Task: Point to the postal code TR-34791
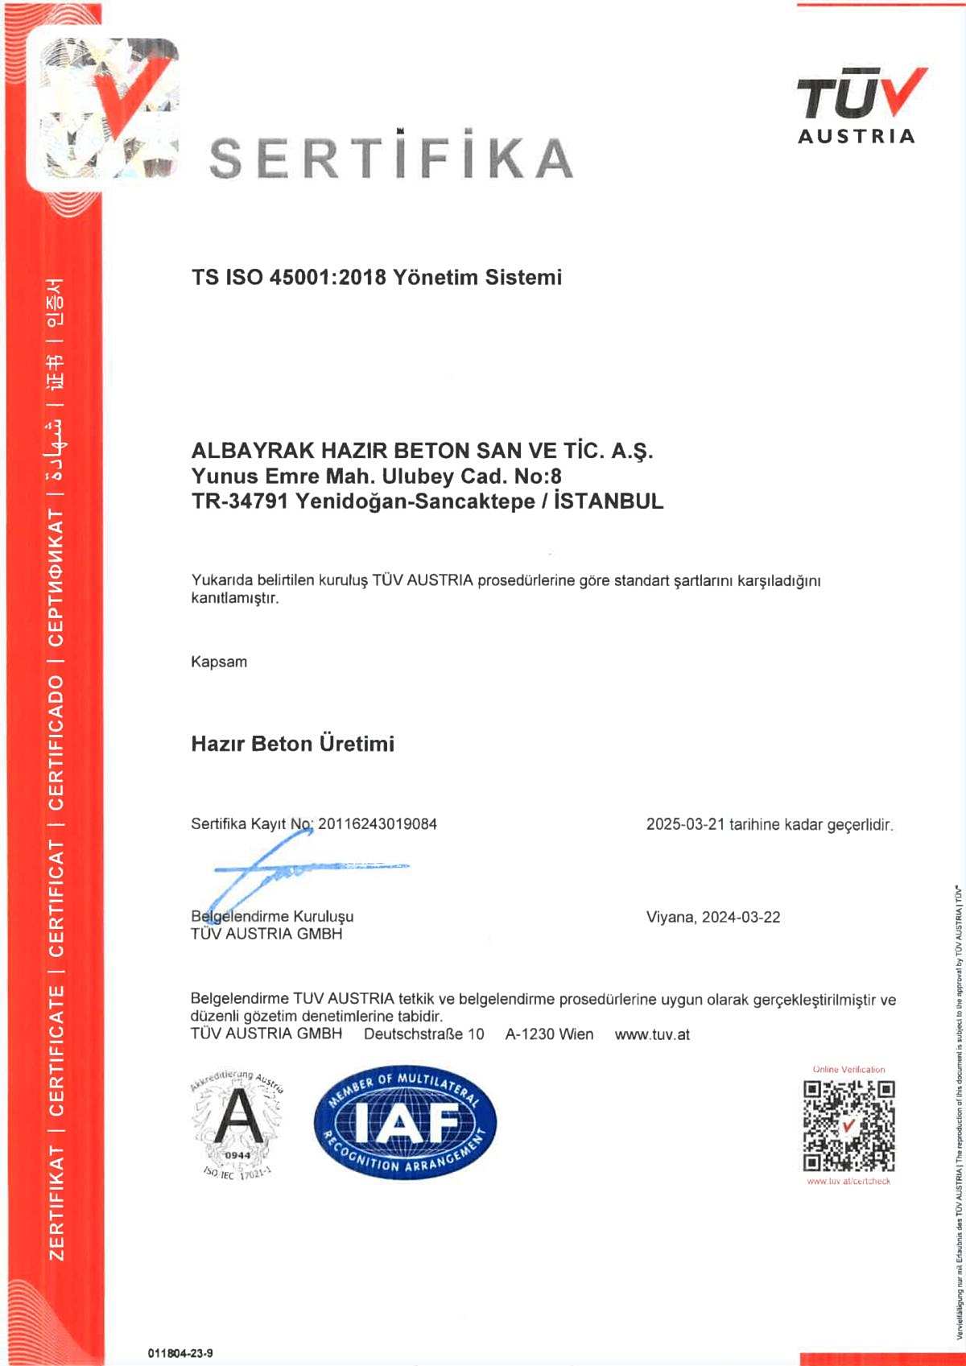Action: pyautogui.click(x=240, y=501)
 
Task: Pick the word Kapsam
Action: pyautogui.click(x=219, y=662)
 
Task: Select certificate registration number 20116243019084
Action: pyautogui.click(x=378, y=824)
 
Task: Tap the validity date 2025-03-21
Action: pyautogui.click(x=685, y=825)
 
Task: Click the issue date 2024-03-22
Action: pyautogui.click(x=741, y=918)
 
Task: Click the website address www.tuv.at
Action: pyautogui.click(x=652, y=1034)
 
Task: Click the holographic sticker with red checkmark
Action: pyautogui.click(x=103, y=108)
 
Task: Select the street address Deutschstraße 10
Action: pyautogui.click(x=424, y=1034)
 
